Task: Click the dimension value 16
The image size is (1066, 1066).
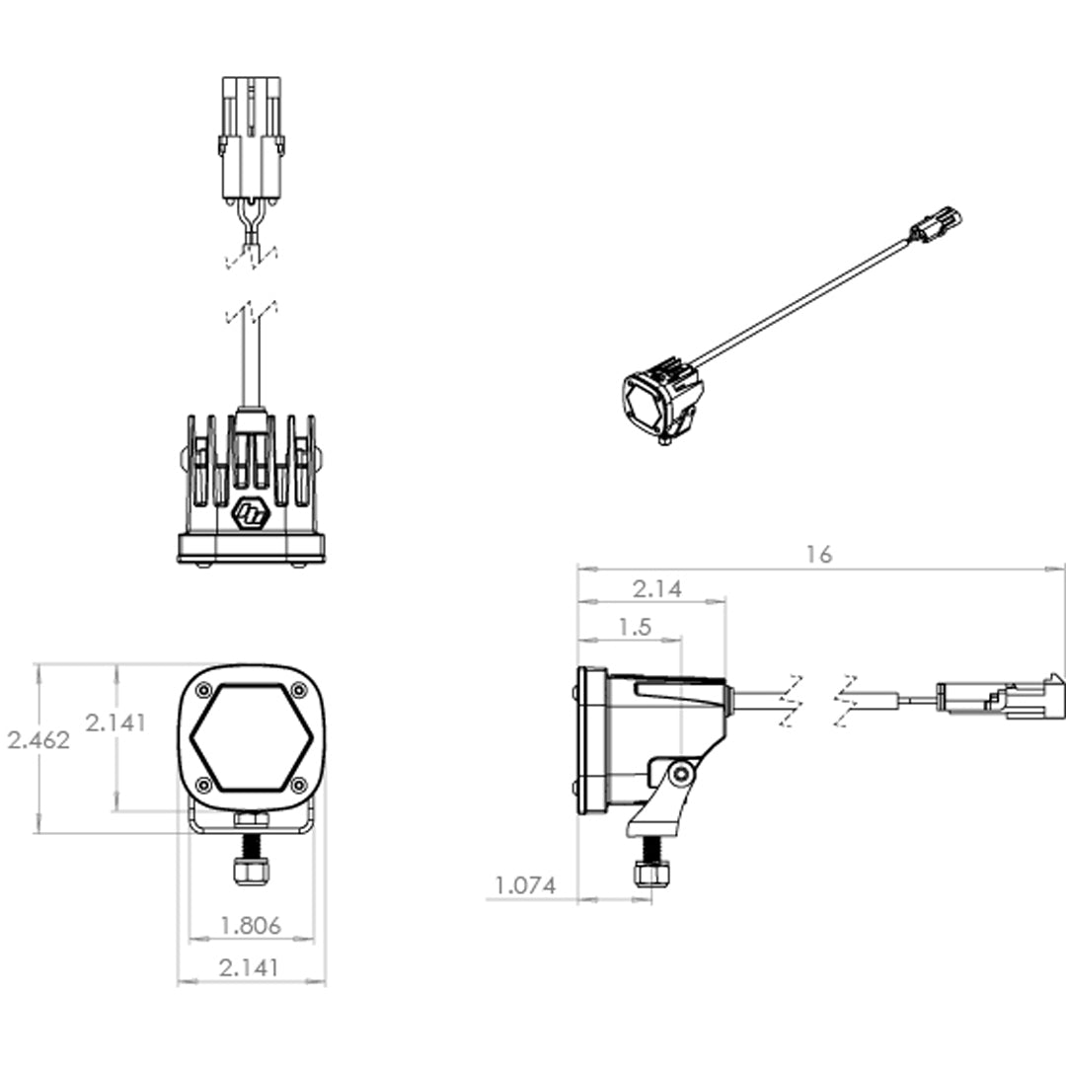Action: point(818,554)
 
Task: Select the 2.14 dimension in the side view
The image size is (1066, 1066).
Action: point(657,589)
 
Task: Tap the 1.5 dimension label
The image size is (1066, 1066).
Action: point(635,627)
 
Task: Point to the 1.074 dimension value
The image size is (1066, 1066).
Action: point(525,885)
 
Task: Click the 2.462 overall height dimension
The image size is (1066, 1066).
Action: point(38,739)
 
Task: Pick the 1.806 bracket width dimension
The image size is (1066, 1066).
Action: point(251,925)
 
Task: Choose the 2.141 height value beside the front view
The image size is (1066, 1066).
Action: point(115,722)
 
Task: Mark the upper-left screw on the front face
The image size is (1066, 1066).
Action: point(204,690)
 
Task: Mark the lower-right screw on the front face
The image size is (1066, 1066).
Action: point(299,786)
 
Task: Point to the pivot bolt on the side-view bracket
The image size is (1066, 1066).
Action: point(679,774)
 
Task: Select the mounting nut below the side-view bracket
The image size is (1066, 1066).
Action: point(651,874)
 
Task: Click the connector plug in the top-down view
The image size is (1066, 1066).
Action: point(252,138)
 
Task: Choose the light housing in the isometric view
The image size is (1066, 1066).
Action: point(662,401)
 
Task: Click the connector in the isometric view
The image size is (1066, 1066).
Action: point(934,226)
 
